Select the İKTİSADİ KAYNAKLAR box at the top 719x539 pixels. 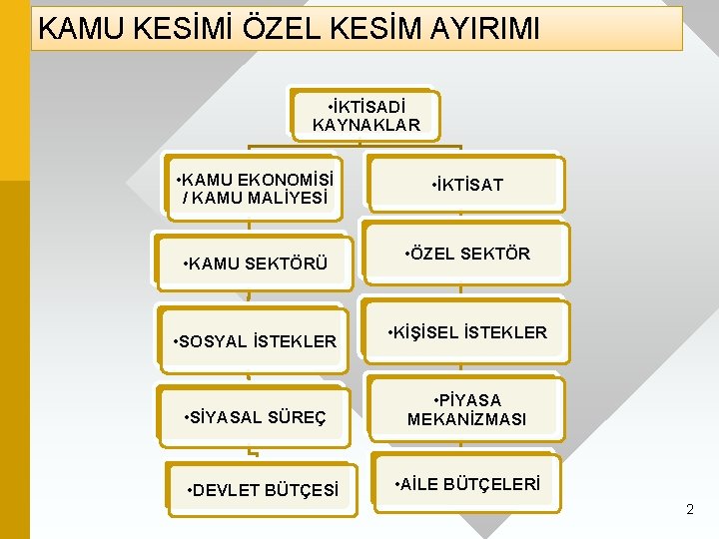(x=366, y=115)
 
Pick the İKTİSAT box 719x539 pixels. (x=466, y=185)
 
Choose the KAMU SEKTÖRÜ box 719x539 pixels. (x=255, y=265)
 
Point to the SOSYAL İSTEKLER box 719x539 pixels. (x=254, y=341)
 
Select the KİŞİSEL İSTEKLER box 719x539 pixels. (x=466, y=332)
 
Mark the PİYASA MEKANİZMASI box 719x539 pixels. (x=466, y=409)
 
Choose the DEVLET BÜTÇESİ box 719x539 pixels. (x=262, y=490)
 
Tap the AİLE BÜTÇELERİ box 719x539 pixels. (x=466, y=484)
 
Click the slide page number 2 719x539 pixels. (x=689, y=510)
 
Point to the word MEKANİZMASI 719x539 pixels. (x=466, y=419)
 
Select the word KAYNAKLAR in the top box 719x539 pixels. (x=366, y=125)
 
